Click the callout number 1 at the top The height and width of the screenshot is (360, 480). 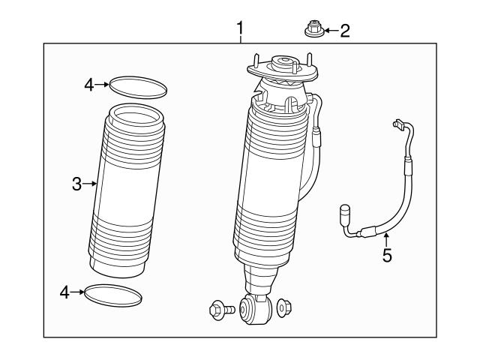tap(240, 29)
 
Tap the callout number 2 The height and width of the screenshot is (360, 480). tap(344, 31)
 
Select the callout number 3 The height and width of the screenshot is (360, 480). tap(77, 183)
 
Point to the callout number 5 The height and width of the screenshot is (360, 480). tap(387, 255)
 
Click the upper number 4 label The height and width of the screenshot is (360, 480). tap(89, 85)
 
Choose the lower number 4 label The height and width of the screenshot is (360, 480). tap(66, 292)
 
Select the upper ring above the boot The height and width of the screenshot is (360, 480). tap(138, 87)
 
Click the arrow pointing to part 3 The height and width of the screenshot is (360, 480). tap(94, 183)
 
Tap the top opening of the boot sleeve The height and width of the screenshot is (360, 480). tap(130, 115)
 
